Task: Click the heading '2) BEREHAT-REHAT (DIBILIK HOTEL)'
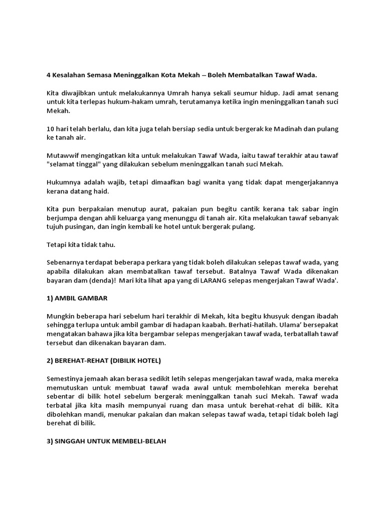pos(104,361)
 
